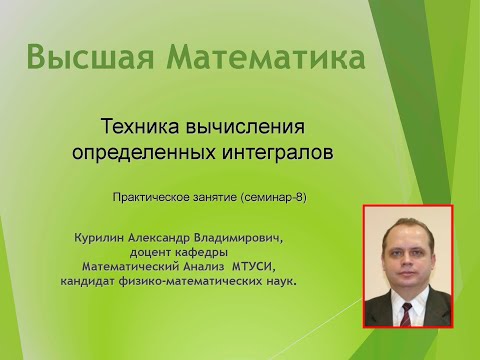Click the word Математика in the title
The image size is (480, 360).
[258, 58]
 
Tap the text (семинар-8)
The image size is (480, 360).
[273, 197]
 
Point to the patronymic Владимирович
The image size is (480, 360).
[242, 239]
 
